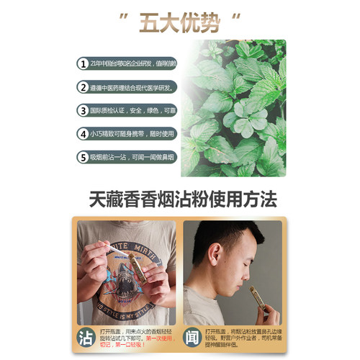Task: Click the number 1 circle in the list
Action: [84, 63]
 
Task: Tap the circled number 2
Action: [84, 87]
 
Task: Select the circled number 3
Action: [84, 111]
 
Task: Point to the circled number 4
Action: [84, 133]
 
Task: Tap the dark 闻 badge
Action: [190, 336]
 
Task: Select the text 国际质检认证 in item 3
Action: [114, 111]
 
